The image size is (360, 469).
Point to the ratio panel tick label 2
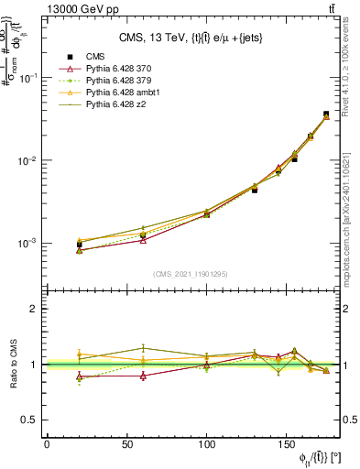[x=34, y=309]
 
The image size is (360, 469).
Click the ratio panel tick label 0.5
[x=30, y=420]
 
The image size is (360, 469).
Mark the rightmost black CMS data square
[x=326, y=115]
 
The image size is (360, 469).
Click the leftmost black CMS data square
[x=79, y=245]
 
